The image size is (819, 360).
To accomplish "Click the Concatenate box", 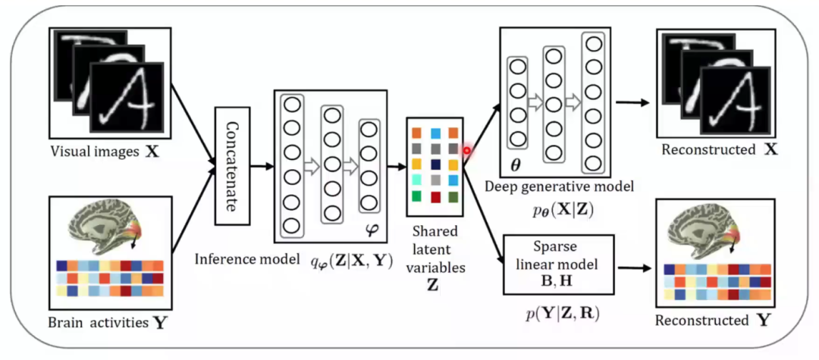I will pos(232,165).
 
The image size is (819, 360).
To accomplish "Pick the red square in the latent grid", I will pos(435,197).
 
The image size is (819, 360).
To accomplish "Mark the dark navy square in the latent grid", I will pos(435,164).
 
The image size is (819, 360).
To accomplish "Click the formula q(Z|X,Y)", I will pos(350,260).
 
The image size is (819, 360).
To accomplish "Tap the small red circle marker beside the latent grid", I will pos(467,150).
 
